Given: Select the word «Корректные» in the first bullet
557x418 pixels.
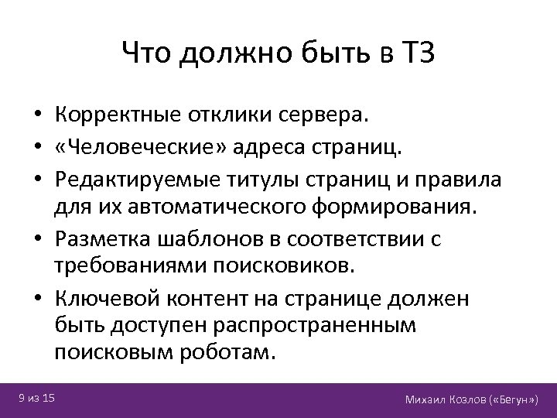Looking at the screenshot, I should pyautogui.click(x=118, y=116).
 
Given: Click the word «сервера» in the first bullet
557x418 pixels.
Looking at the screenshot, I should pyautogui.click(x=326, y=116).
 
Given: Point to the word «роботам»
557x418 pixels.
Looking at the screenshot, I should pyautogui.click(x=232, y=353).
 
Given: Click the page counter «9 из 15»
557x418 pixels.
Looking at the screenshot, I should pyautogui.click(x=36, y=398).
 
